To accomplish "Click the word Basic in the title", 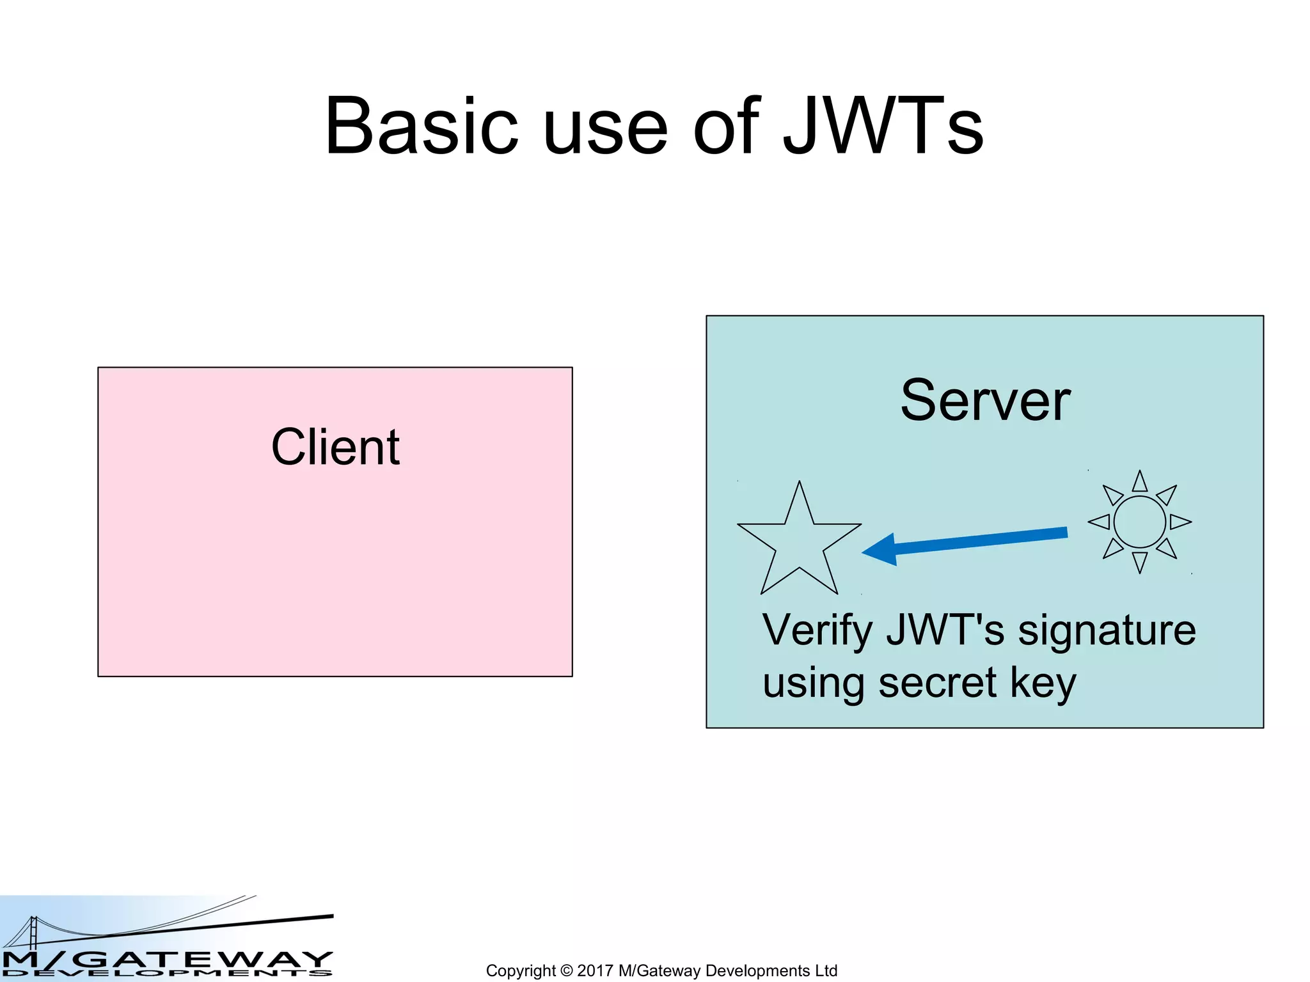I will click(x=420, y=127).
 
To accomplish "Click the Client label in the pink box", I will click(x=335, y=447).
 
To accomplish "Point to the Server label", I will click(x=985, y=401).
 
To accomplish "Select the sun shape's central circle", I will click(x=1139, y=522).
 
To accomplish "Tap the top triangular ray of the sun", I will click(x=1139, y=482).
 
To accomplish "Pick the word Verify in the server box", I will click(x=817, y=631).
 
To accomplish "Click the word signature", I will click(x=1106, y=631).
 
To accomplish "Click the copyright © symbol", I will click(x=566, y=970).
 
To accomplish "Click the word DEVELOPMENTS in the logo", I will click(x=166, y=974).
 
